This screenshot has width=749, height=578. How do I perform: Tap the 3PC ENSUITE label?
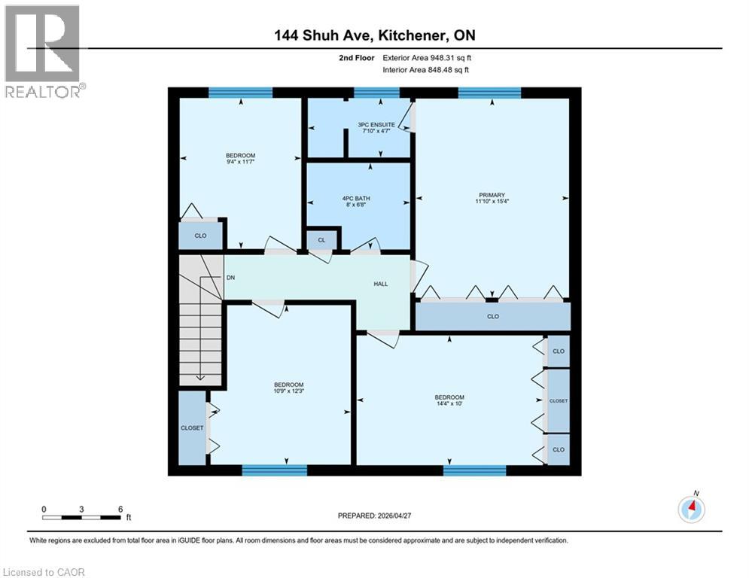point(376,125)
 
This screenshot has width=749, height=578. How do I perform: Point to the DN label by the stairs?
point(230,278)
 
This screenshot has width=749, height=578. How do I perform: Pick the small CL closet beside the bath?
point(321,240)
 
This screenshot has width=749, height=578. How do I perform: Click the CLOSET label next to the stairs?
point(192,427)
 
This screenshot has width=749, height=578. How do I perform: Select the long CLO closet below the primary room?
point(493,316)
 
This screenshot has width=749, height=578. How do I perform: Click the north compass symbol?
point(690,509)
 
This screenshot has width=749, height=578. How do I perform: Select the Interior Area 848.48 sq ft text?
point(425,70)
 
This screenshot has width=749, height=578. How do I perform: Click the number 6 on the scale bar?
point(120,509)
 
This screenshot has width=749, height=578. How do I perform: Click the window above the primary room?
point(489,93)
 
